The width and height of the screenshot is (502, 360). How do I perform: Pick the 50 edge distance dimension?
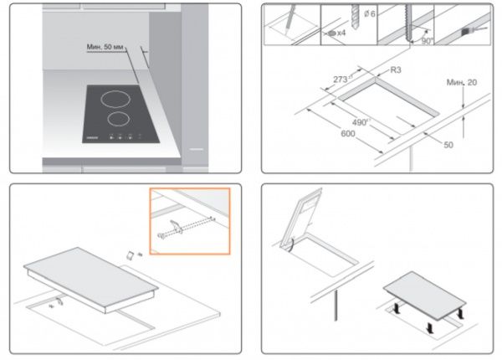(448, 145)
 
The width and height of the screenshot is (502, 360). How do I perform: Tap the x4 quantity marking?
(342, 33)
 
